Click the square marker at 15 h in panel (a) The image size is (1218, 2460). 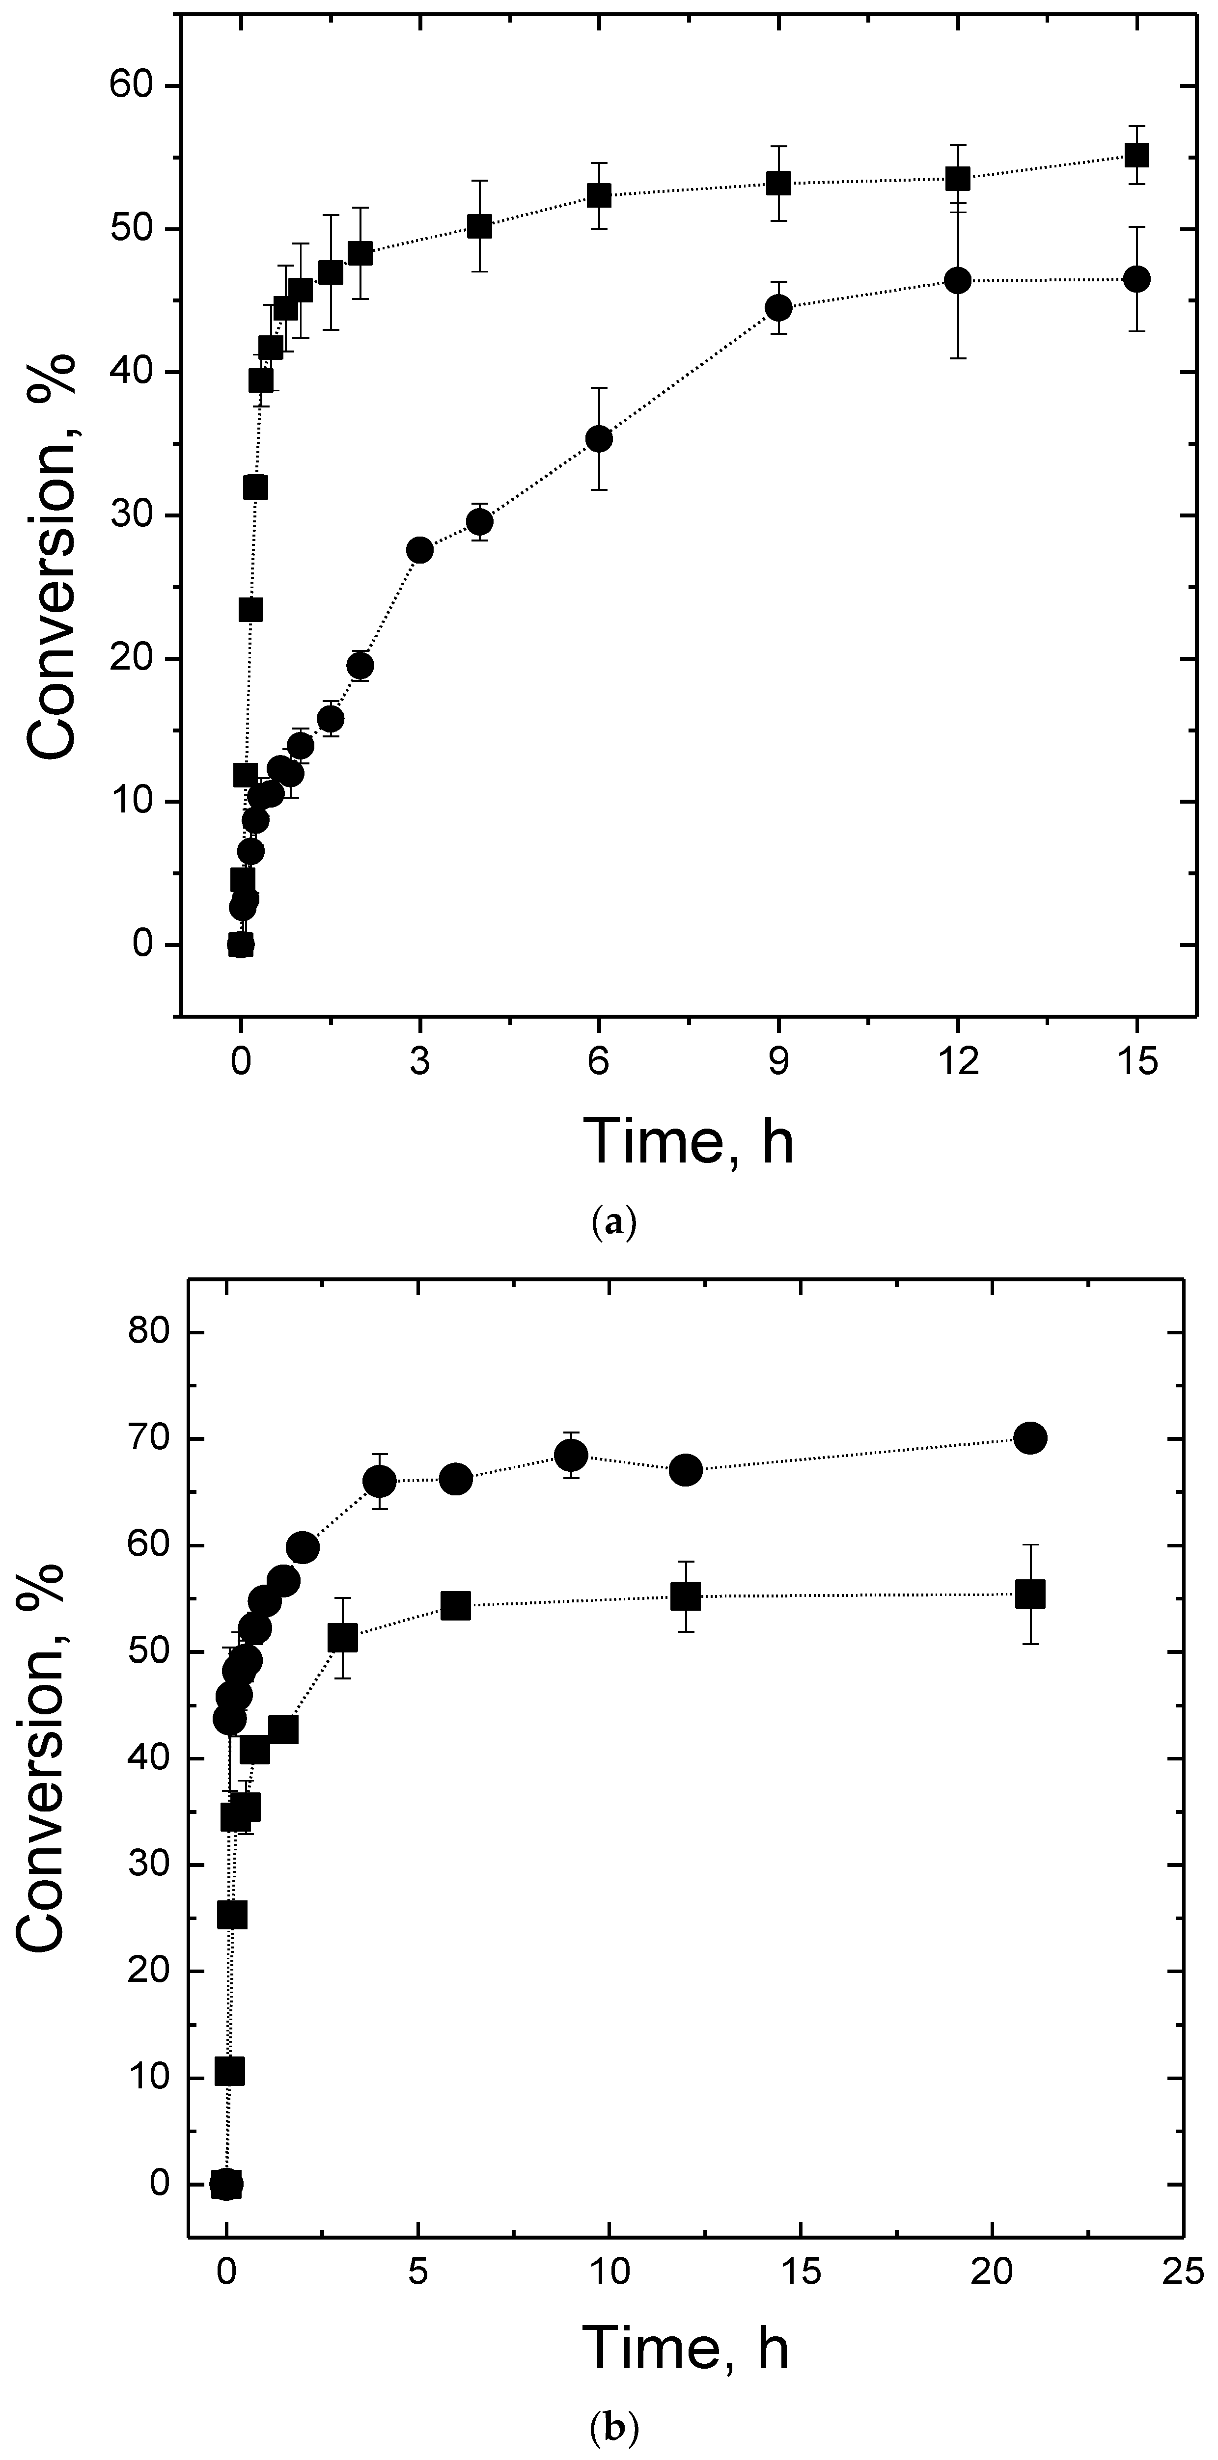[x=1136, y=155]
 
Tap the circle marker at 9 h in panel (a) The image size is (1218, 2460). [x=778, y=307]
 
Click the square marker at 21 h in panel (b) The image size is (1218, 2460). [x=1030, y=1594]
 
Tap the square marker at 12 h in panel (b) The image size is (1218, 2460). [x=686, y=1596]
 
